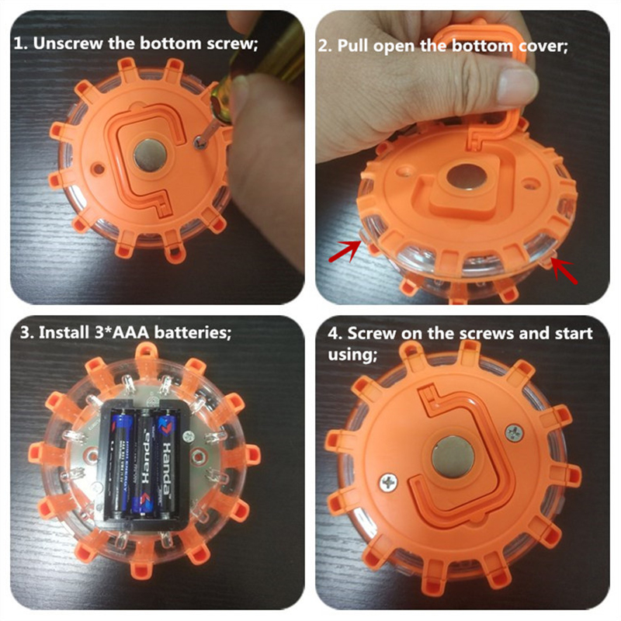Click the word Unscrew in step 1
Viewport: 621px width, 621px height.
(x=68, y=43)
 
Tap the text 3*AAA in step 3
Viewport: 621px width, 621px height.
(x=123, y=332)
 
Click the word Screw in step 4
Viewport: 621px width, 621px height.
(x=372, y=334)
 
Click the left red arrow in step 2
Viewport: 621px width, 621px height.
(x=345, y=252)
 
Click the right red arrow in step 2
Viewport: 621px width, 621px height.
(x=564, y=270)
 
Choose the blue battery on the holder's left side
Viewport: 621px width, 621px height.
(x=120, y=464)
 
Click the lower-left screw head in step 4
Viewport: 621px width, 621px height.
(x=389, y=482)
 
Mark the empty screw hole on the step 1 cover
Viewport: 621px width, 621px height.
(x=99, y=169)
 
